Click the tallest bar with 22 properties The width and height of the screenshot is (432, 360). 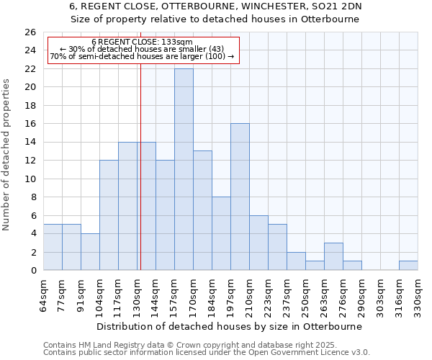pos(184,169)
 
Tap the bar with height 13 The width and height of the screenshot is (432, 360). pos(202,210)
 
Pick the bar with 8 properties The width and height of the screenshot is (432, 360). pos(221,233)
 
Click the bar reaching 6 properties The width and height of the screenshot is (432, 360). pos(258,243)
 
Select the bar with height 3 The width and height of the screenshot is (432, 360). pos(333,256)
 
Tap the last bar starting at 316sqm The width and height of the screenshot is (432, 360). pos(408,265)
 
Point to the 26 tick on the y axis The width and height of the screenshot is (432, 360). pos(30,32)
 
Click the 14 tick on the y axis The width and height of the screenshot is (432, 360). pos(30,143)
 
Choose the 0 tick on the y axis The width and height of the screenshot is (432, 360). pos(33,271)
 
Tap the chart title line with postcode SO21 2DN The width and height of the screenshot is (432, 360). pos(216,6)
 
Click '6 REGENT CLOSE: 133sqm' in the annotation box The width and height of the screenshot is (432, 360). pos(142,42)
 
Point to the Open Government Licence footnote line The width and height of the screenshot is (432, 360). pos(207,352)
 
